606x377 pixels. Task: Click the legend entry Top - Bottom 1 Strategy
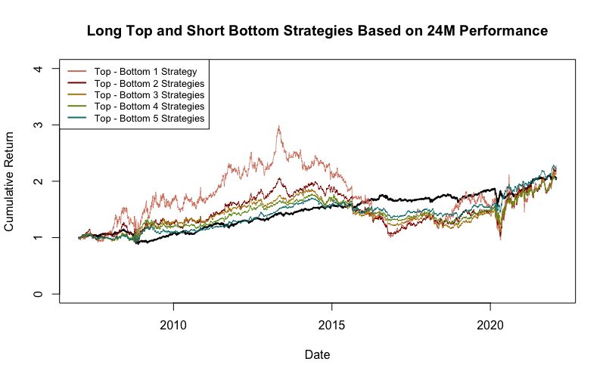pyautogui.click(x=145, y=72)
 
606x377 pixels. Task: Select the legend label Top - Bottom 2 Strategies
pyautogui.click(x=149, y=84)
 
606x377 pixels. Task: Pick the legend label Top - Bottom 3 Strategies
pyautogui.click(x=149, y=95)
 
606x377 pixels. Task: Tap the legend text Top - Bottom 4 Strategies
pyautogui.click(x=149, y=107)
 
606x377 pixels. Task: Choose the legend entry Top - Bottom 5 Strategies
pyautogui.click(x=149, y=118)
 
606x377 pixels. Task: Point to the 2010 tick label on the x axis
pyautogui.click(x=173, y=326)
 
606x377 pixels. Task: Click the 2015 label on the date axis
pyautogui.click(x=331, y=326)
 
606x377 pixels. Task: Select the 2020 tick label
pyautogui.click(x=490, y=326)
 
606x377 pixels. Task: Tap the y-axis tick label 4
pyautogui.click(x=38, y=69)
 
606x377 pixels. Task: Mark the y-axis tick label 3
pyautogui.click(x=38, y=125)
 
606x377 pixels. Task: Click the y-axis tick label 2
pyautogui.click(x=38, y=181)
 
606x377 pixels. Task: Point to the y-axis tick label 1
pyautogui.click(x=38, y=238)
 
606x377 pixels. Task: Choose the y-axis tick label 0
pyautogui.click(x=38, y=294)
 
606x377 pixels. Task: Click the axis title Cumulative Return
pyautogui.click(x=9, y=182)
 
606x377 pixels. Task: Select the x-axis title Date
pyautogui.click(x=317, y=354)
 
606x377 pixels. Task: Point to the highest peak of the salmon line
pyautogui.click(x=278, y=126)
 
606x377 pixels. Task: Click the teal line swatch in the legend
pyautogui.click(x=77, y=118)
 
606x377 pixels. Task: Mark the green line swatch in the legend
pyautogui.click(x=77, y=106)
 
